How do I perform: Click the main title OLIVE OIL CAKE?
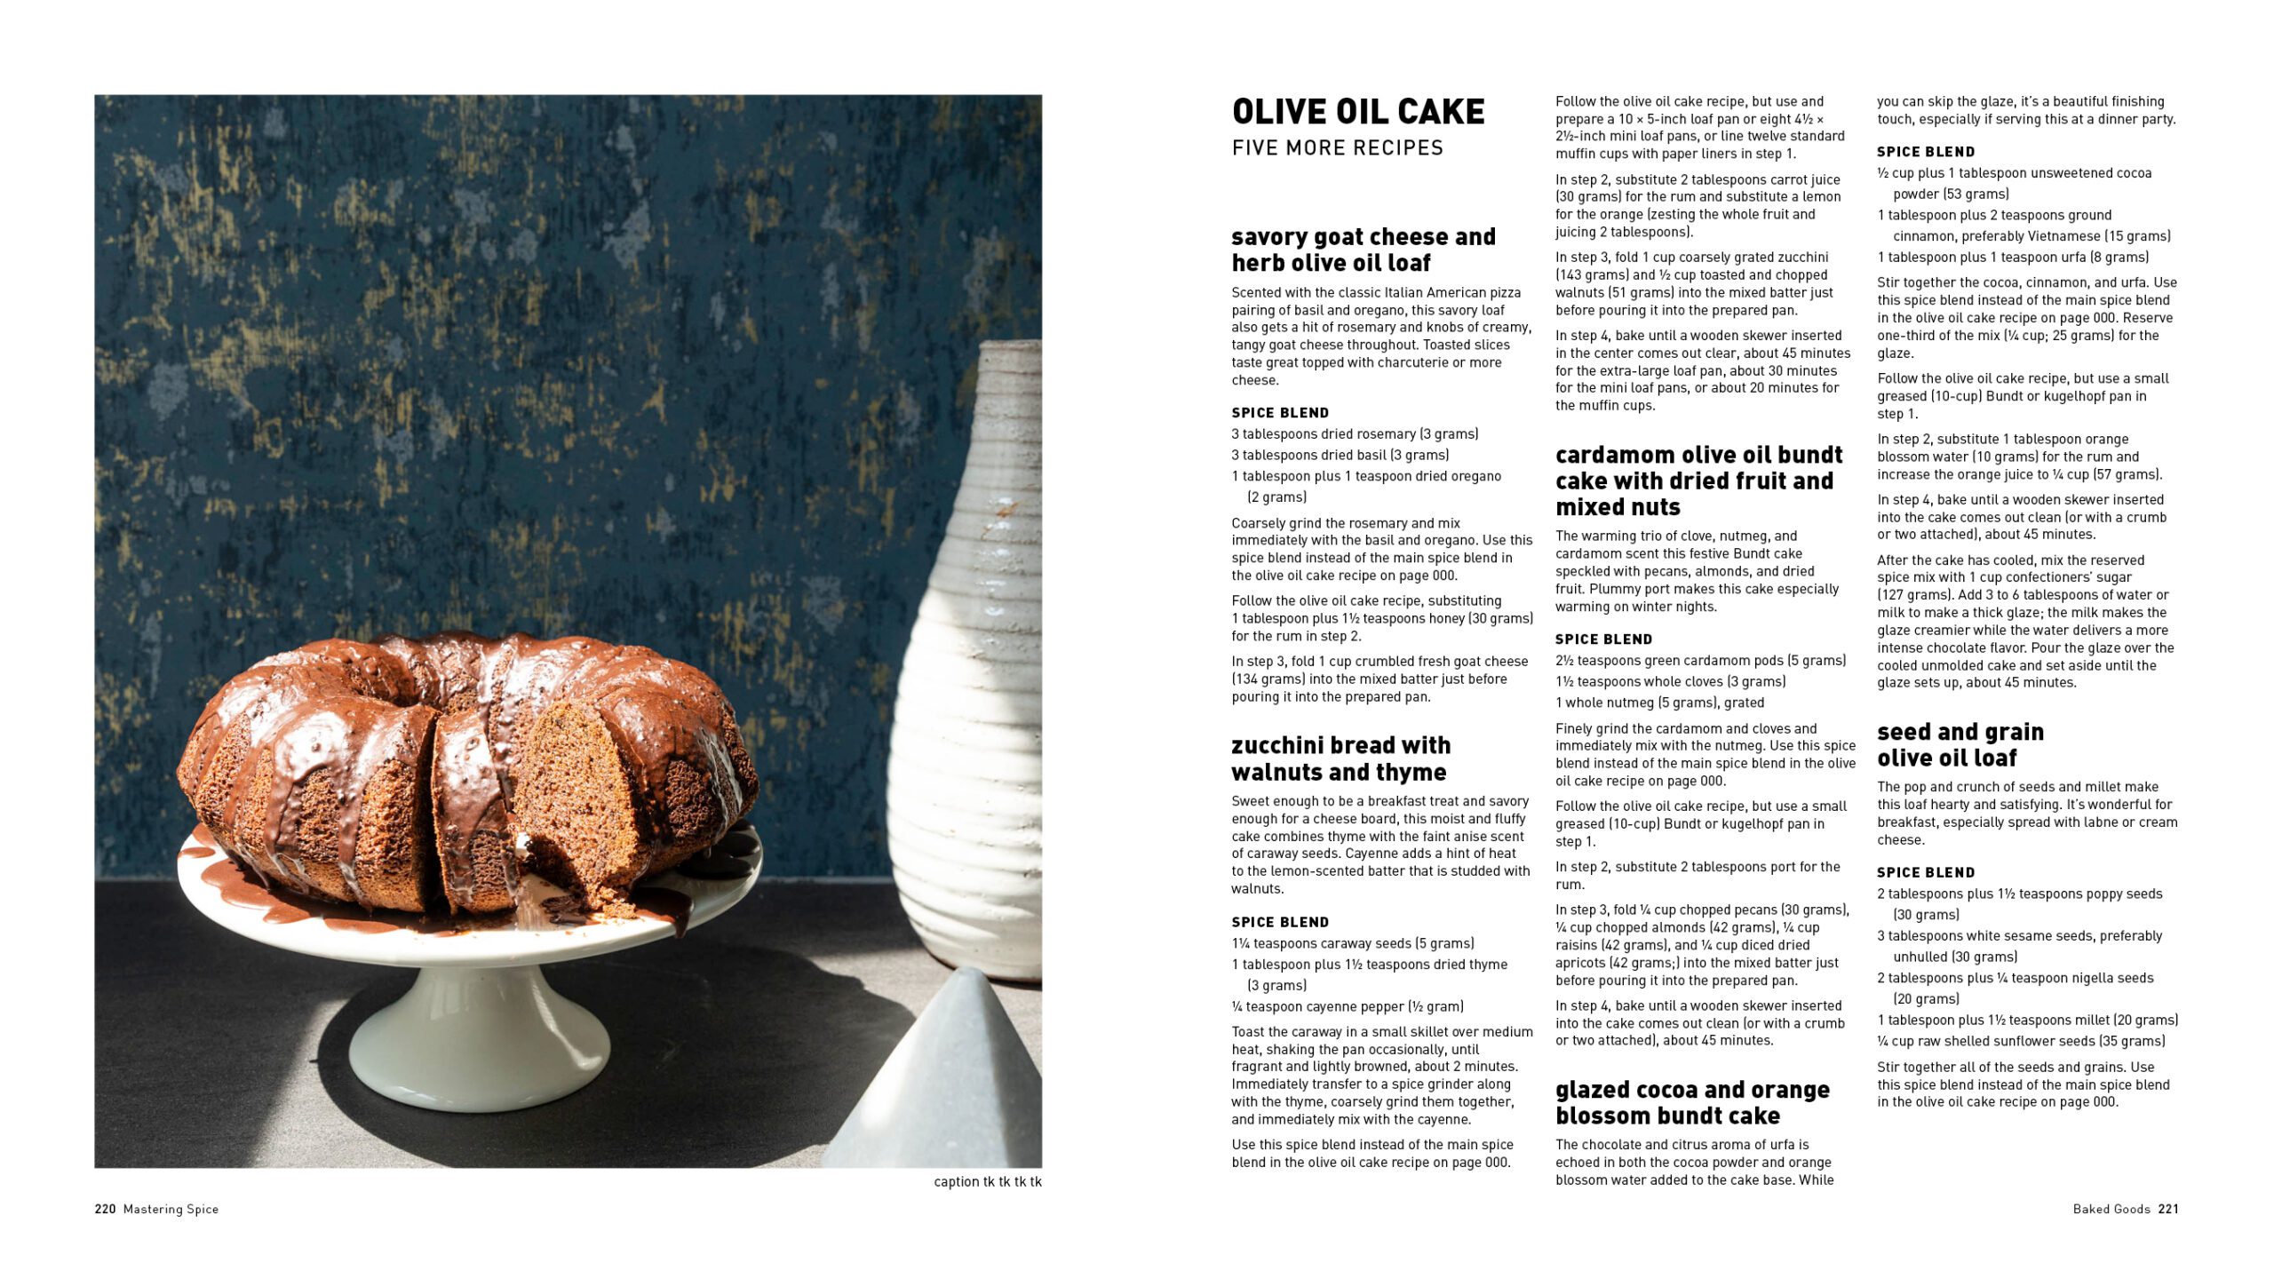pyautogui.click(x=1357, y=112)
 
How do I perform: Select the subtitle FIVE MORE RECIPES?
pyautogui.click(x=1337, y=148)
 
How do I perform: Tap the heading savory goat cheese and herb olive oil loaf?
pyautogui.click(x=1363, y=250)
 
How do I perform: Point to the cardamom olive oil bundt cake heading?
pyautogui.click(x=1698, y=481)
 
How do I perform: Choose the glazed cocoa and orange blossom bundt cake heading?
pyautogui.click(x=1691, y=1102)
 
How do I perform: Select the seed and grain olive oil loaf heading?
pyautogui.click(x=1960, y=744)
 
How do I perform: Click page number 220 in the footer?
pyautogui.click(x=105, y=1209)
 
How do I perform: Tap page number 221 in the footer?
pyautogui.click(x=2168, y=1209)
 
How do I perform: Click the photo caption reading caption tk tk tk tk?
pyautogui.click(x=987, y=1181)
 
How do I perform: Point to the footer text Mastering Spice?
pyautogui.click(x=171, y=1209)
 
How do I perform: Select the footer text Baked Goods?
pyautogui.click(x=2111, y=1209)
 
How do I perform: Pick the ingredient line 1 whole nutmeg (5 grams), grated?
pyautogui.click(x=1659, y=703)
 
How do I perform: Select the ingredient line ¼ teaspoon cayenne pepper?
pyautogui.click(x=1347, y=1006)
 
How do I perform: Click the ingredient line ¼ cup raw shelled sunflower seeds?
pyautogui.click(x=2020, y=1041)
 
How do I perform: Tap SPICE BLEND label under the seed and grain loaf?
pyautogui.click(x=1925, y=872)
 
